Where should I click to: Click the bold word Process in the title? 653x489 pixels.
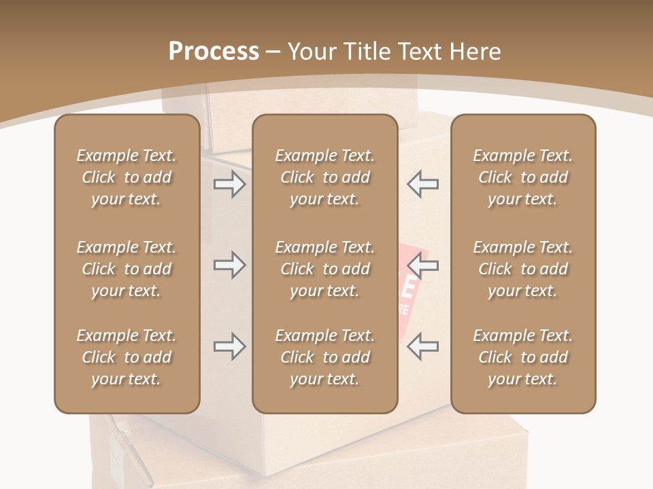pyautogui.click(x=214, y=52)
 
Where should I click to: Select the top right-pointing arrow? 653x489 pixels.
pyautogui.click(x=229, y=184)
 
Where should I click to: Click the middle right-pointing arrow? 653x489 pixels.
pyautogui.click(x=229, y=265)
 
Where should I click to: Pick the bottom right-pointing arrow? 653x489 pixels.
pyautogui.click(x=229, y=346)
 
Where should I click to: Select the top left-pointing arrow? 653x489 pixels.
pyautogui.click(x=422, y=184)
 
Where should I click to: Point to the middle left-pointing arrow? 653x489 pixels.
pyautogui.click(x=422, y=266)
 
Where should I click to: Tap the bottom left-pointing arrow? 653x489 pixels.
pyautogui.click(x=422, y=346)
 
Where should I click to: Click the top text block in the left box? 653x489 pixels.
pyautogui.click(x=127, y=177)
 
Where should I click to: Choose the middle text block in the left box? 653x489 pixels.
pyautogui.click(x=127, y=269)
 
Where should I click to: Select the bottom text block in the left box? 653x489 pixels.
pyautogui.click(x=127, y=357)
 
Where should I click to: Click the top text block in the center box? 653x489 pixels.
pyautogui.click(x=324, y=177)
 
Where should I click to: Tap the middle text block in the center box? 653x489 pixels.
pyautogui.click(x=324, y=269)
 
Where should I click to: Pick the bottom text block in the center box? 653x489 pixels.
pyautogui.click(x=324, y=357)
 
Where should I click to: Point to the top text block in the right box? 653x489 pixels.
pyautogui.click(x=523, y=177)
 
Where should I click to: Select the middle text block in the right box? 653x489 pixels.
pyautogui.click(x=523, y=269)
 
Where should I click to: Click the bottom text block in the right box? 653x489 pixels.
pyautogui.click(x=523, y=357)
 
